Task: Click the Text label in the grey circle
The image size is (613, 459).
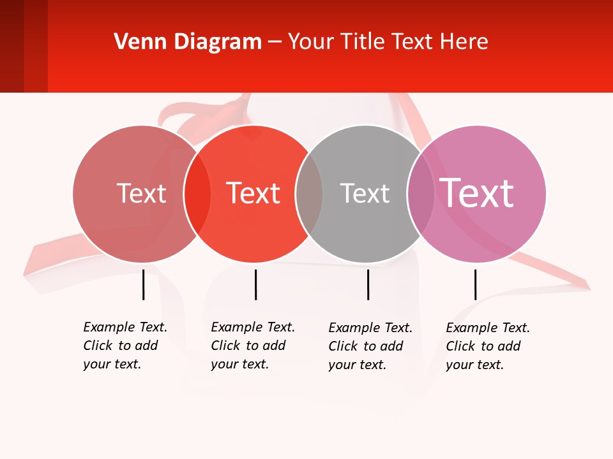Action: click(365, 194)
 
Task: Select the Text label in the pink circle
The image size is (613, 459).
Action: click(476, 193)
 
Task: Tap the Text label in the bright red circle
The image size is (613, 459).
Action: click(254, 194)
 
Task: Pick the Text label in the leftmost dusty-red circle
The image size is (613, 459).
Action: click(141, 194)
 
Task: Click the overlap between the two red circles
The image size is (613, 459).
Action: click(197, 194)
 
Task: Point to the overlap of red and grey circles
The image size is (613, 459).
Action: click(309, 194)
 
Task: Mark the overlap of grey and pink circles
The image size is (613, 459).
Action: click(421, 194)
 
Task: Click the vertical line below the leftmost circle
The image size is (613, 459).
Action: click(143, 284)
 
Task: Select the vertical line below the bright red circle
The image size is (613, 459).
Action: click(255, 284)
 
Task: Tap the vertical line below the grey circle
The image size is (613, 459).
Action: click(368, 284)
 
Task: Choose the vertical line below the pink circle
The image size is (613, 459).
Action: click(475, 284)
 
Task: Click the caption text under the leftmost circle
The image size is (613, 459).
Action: click(125, 346)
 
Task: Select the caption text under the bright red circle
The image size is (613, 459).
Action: click(253, 346)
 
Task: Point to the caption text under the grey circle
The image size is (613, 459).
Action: click(370, 346)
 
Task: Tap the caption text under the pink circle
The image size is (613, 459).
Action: click(488, 346)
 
